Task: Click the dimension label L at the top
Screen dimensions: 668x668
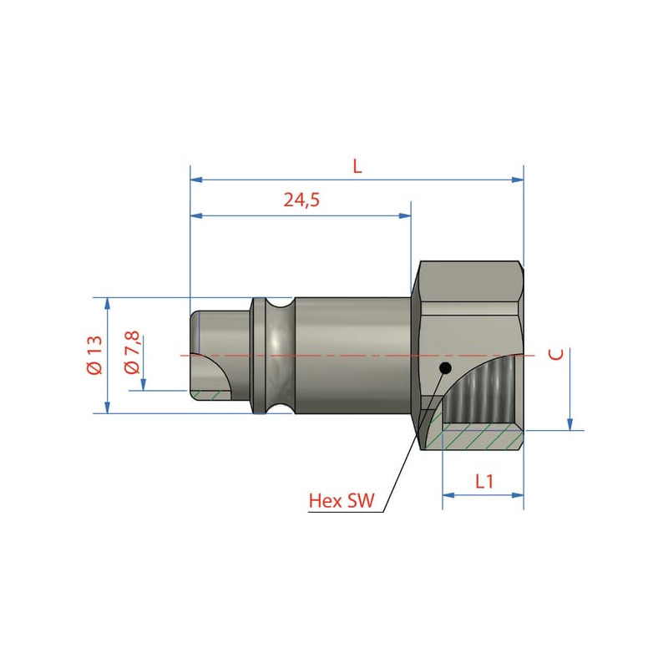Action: click(357, 166)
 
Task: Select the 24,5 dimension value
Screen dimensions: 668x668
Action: click(301, 200)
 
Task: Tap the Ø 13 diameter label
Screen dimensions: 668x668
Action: click(94, 355)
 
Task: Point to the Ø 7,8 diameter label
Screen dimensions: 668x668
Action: click(132, 352)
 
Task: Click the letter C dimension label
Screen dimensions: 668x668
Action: click(556, 354)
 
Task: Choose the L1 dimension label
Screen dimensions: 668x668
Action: click(484, 482)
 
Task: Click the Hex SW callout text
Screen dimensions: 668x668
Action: click(342, 500)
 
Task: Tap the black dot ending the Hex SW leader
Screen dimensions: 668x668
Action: click(445, 367)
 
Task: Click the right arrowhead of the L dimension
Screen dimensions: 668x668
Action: click(518, 180)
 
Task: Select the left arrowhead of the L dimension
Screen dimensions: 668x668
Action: click(196, 180)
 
